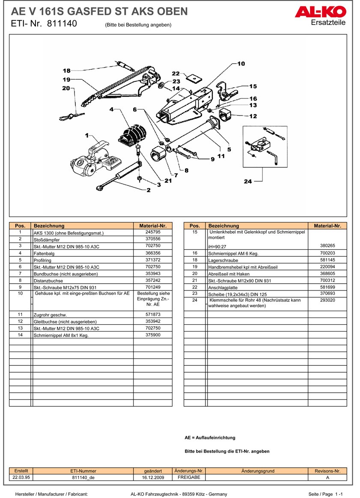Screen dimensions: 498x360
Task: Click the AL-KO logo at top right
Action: [320, 11]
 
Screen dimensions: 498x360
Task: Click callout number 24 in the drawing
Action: [248, 181]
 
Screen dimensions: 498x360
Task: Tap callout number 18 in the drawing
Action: [66, 71]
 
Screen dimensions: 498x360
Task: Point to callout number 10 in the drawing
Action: [241, 64]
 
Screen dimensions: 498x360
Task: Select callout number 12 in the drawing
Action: [253, 116]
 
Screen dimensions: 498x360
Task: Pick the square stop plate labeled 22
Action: [196, 79]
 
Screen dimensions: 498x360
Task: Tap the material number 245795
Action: [153, 232]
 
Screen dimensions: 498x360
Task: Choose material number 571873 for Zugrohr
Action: [153, 314]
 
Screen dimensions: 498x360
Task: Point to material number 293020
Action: [327, 300]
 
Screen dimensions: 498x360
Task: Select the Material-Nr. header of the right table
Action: [327, 226]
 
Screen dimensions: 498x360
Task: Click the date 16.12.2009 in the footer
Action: [153, 477]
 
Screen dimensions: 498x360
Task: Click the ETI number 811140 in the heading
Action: [62, 24]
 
